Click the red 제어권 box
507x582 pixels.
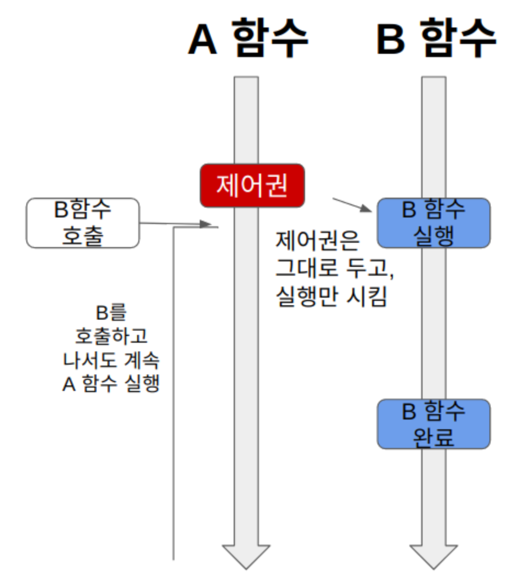(x=252, y=186)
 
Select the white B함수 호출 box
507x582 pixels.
(x=83, y=223)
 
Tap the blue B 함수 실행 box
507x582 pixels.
(x=433, y=223)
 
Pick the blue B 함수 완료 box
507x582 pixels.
(x=433, y=424)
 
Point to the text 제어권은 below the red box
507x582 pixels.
(x=317, y=240)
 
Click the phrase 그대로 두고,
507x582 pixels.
(x=335, y=269)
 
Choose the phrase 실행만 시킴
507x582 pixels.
(x=331, y=298)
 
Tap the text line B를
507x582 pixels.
(x=111, y=314)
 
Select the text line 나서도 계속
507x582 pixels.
(x=111, y=360)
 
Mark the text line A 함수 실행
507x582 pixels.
(x=111, y=383)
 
